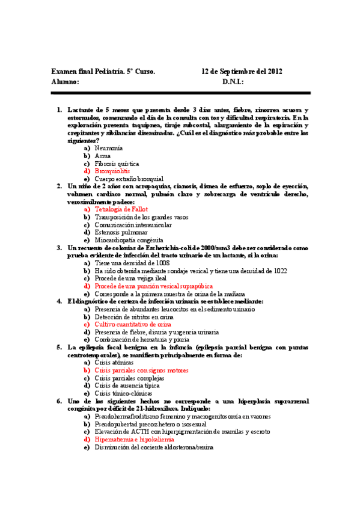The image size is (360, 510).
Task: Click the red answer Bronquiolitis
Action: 112,171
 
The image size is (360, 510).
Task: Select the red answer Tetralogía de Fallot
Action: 121,209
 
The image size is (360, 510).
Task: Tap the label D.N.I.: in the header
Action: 233,81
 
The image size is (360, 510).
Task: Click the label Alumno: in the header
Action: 66,81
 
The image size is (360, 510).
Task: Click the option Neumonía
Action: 109,148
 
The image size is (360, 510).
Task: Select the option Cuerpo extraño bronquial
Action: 129,179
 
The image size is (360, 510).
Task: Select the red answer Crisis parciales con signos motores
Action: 141,370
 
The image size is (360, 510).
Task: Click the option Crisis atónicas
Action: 114,363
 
